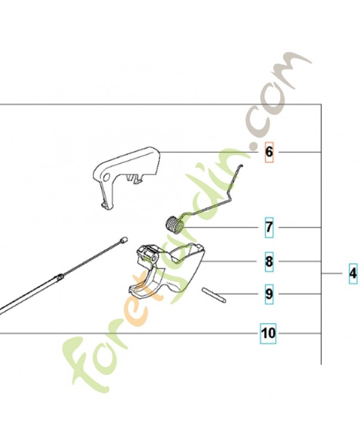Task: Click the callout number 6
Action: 269,152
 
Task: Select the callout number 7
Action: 269,227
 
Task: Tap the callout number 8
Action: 269,261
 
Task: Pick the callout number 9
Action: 269,294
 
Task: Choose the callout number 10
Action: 268,333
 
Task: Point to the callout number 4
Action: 353,273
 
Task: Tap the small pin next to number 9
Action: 214,295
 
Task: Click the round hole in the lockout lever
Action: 107,177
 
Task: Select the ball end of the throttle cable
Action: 124,240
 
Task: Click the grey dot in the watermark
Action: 253,146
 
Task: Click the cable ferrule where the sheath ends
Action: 60,277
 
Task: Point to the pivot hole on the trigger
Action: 153,258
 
